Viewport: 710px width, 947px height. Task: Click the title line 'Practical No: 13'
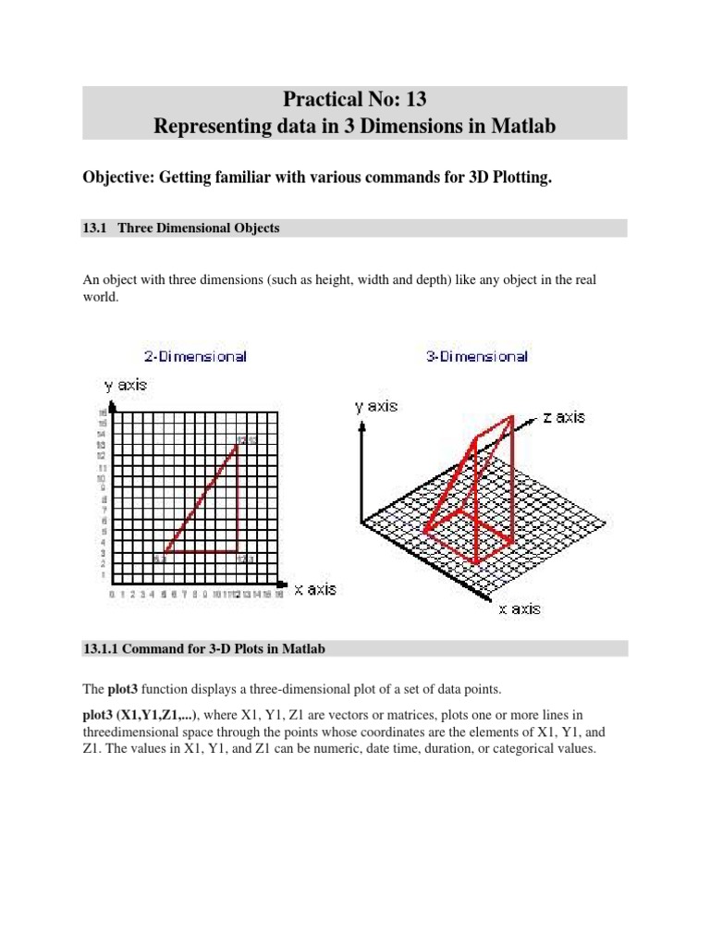(355, 98)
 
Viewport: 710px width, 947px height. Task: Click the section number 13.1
(95, 228)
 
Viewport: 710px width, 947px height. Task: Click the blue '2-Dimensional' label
(195, 356)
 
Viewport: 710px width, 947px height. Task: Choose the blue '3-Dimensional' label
(477, 356)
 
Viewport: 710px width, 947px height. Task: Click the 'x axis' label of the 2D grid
(315, 588)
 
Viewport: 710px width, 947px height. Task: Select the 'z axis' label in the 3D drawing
(564, 417)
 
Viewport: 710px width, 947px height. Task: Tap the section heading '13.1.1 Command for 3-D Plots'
(203, 649)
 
